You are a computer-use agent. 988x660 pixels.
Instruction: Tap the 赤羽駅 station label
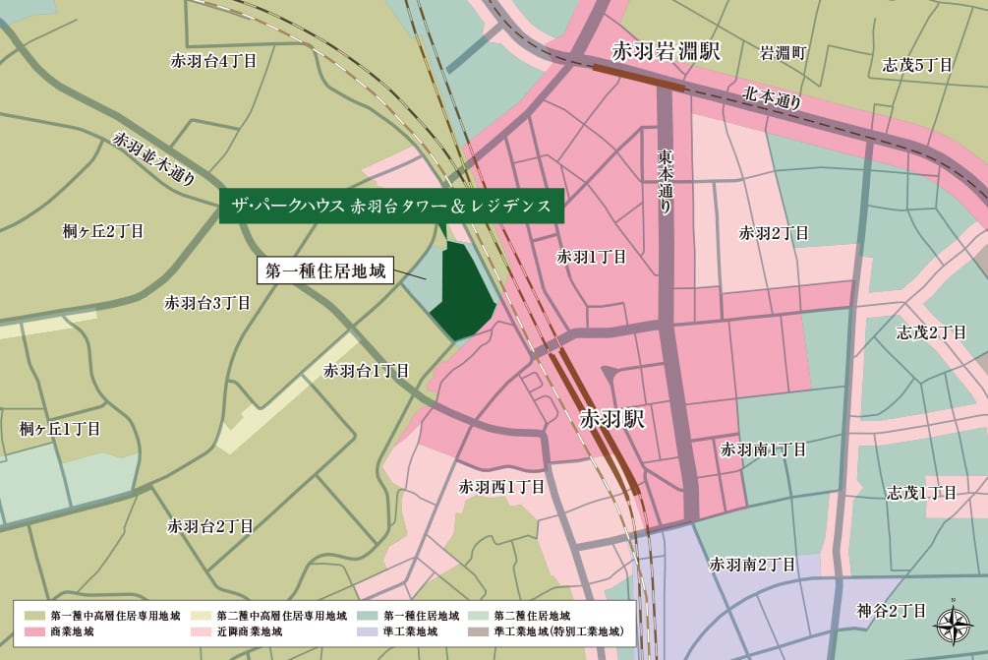(x=611, y=418)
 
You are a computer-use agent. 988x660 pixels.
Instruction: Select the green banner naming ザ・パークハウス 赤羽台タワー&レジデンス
(x=390, y=207)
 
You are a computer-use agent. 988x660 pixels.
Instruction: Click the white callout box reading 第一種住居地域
(x=325, y=270)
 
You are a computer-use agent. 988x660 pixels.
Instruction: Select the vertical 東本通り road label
(x=666, y=183)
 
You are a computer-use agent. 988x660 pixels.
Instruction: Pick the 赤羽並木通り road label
(x=153, y=158)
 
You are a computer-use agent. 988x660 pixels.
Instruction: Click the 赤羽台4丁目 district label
(x=213, y=61)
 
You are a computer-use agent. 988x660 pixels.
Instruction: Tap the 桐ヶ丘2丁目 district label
(x=102, y=231)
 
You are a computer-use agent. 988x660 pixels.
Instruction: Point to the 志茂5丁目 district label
(x=917, y=66)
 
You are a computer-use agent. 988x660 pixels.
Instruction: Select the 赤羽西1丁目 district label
(x=501, y=487)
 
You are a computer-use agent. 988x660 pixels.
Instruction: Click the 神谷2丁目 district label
(x=891, y=611)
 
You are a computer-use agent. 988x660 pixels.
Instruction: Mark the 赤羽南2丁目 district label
(x=752, y=565)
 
